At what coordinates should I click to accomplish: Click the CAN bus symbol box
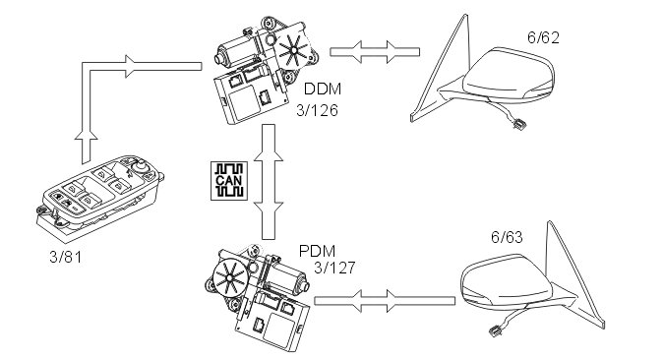(x=229, y=181)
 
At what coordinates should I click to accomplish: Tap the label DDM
(x=323, y=90)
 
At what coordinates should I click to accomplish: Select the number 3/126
(x=317, y=111)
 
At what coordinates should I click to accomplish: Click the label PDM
(x=317, y=251)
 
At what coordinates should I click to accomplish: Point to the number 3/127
(x=334, y=268)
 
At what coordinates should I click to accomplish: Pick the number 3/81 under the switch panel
(x=65, y=257)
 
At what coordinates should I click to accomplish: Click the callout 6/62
(x=543, y=37)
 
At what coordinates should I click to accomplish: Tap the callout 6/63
(x=507, y=237)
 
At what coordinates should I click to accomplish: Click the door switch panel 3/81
(x=99, y=193)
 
